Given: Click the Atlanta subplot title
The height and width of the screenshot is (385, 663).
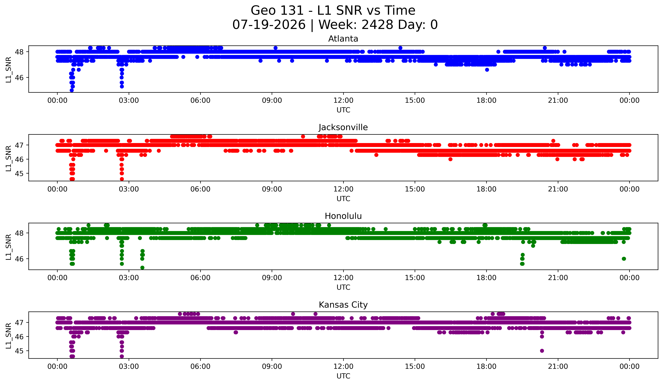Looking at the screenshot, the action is click(343, 39).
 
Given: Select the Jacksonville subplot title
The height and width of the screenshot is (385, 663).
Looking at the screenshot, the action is click(343, 127).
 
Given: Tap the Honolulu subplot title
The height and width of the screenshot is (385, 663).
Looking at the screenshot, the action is click(343, 216).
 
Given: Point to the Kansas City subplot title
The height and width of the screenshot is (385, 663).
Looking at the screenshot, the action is click(343, 305).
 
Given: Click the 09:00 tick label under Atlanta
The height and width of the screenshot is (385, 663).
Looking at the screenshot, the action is click(272, 100).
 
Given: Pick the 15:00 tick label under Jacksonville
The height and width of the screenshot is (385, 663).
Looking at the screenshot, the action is click(415, 189).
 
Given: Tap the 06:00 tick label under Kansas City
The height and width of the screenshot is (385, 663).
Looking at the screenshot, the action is click(200, 366).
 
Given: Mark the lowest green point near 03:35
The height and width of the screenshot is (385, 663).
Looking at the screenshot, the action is click(142, 268).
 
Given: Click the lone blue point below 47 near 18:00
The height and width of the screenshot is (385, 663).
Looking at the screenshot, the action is click(487, 70).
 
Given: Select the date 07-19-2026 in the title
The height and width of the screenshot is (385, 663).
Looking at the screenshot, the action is click(269, 24).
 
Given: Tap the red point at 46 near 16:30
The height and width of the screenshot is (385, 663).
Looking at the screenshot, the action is click(450, 159).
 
